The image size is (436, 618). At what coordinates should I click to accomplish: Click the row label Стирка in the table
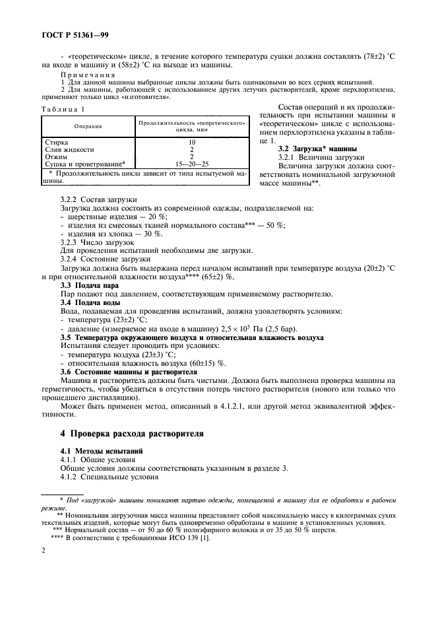click(x=55, y=142)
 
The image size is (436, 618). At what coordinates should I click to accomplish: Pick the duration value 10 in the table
click(x=191, y=142)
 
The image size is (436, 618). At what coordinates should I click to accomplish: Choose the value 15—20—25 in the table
click(x=191, y=163)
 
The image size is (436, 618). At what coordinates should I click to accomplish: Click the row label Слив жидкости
click(x=69, y=149)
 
